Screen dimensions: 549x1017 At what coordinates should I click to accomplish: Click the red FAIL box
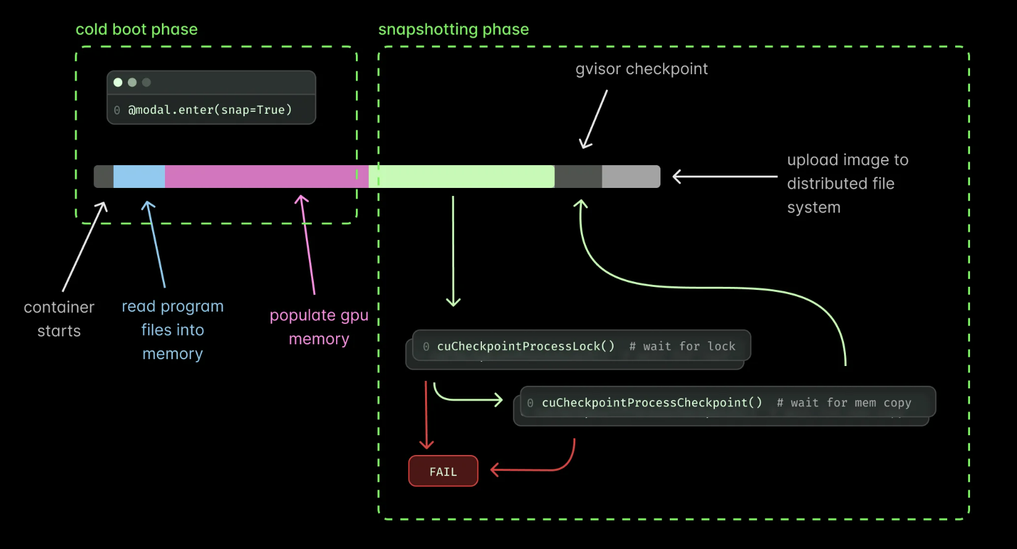[x=443, y=471]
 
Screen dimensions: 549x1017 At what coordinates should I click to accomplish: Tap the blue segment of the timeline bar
[x=139, y=176]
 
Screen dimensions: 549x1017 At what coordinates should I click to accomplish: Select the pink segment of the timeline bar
[x=266, y=176]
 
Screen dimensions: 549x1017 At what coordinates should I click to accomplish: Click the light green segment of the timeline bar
[x=463, y=176]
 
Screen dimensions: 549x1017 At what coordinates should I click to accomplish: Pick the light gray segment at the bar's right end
[x=631, y=176]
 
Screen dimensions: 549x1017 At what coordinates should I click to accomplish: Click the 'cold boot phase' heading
[x=137, y=29]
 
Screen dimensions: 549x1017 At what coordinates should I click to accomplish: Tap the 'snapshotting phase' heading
[x=454, y=29]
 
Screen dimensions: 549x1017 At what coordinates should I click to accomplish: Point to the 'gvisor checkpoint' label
[x=641, y=69]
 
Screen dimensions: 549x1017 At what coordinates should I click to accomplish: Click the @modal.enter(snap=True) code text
[x=210, y=110]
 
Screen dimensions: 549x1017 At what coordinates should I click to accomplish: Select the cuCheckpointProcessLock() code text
[x=526, y=346]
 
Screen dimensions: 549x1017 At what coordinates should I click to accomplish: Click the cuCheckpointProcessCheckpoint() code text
[x=652, y=402]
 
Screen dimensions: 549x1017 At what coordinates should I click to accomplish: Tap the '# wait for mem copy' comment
[x=844, y=403]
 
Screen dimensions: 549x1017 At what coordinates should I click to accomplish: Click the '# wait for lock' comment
[x=682, y=346]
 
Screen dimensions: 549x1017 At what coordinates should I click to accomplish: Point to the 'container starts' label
[x=59, y=319]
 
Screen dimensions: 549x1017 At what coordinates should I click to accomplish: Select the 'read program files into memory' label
[x=172, y=330]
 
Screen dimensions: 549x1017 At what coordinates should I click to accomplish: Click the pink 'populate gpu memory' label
[x=319, y=327]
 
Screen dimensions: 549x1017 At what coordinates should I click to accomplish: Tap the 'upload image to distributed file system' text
[x=846, y=184]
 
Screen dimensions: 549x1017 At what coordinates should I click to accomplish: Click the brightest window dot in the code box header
[x=118, y=82]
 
